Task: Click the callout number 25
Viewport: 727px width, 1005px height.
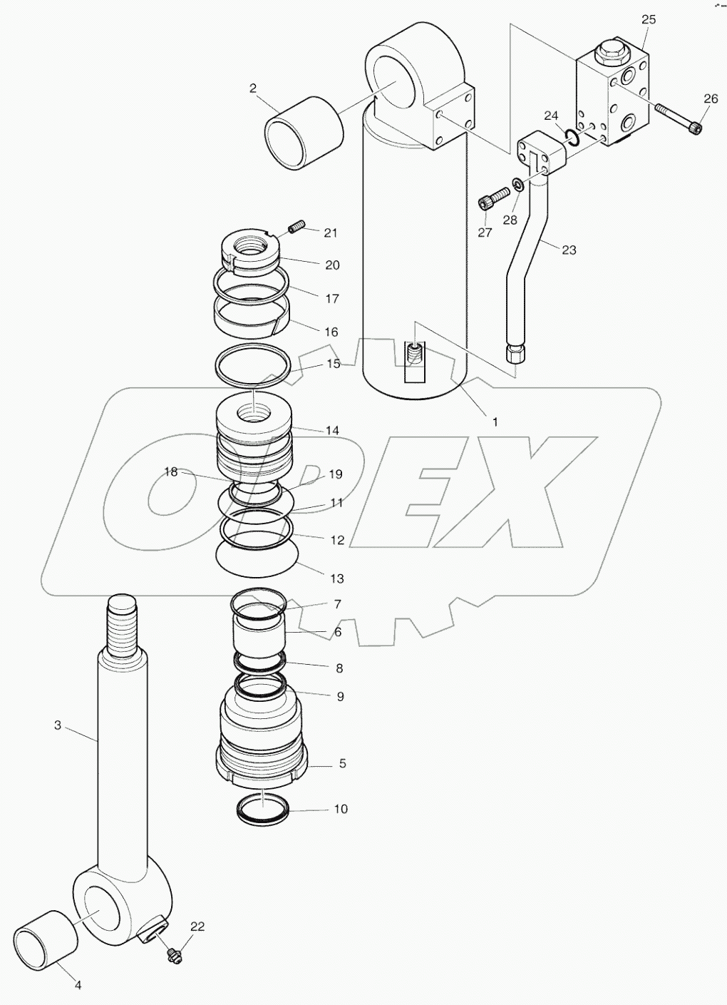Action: click(648, 19)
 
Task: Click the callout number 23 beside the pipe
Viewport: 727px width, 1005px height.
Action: click(568, 250)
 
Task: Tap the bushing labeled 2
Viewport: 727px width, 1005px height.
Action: click(303, 134)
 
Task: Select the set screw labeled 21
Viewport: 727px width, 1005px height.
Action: click(297, 228)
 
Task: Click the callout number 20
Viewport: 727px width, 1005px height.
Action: click(332, 265)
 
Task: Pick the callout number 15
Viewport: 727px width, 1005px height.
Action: click(333, 364)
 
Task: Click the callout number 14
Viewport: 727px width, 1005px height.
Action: click(332, 430)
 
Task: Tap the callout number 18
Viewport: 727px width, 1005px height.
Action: click(170, 471)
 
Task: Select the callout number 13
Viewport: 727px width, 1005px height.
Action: click(336, 578)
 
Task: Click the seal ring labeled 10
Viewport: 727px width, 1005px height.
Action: click(262, 808)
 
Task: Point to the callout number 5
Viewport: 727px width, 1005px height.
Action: click(342, 763)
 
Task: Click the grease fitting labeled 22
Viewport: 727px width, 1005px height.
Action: click(172, 952)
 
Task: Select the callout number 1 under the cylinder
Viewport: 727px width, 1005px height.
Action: click(495, 422)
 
